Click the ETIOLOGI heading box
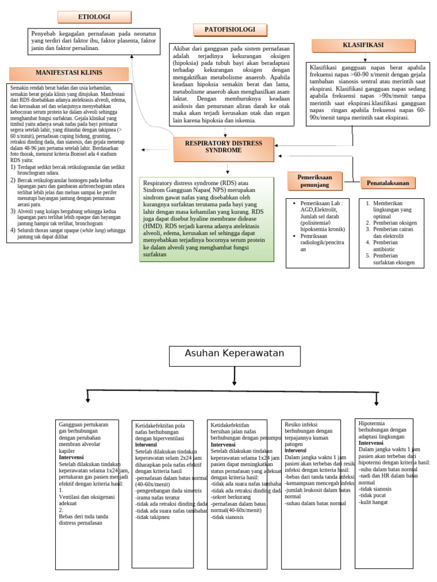point(94,17)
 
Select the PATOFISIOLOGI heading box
point(230,30)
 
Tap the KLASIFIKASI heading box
point(363,45)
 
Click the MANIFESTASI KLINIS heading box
point(69,73)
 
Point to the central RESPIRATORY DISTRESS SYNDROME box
point(226,147)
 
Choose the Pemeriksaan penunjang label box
point(314,181)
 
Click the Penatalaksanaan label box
point(388,183)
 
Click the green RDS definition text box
point(206,219)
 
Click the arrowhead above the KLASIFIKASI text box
point(365,59)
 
